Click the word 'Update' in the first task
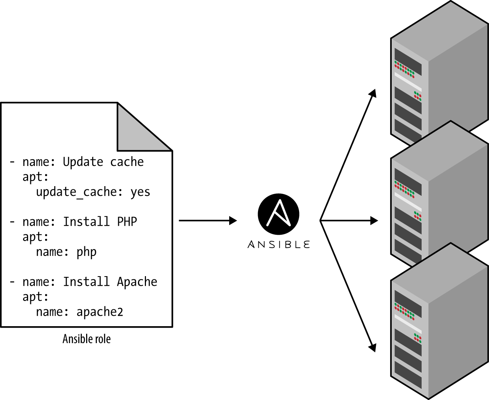pyautogui.click(x=83, y=162)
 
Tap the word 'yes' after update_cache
pyautogui.click(x=140, y=192)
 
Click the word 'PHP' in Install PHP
pyautogui.click(x=127, y=222)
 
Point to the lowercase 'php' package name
pyautogui.click(x=86, y=252)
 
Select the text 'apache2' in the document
pyautogui.click(x=99, y=312)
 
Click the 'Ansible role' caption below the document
pyautogui.click(x=86, y=339)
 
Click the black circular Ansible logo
pyautogui.click(x=279, y=214)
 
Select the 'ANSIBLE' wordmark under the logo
pyautogui.click(x=279, y=245)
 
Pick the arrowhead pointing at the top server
pyautogui.click(x=373, y=93)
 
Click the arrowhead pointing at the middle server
pyautogui.click(x=374, y=220)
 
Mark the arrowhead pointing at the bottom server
pyautogui.click(x=373, y=348)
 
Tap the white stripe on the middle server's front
pyautogui.click(x=408, y=202)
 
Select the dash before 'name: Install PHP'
pyautogui.click(x=12, y=222)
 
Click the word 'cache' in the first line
pyautogui.click(x=127, y=162)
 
